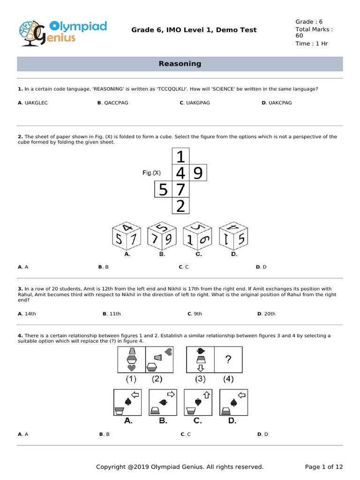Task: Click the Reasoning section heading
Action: [x=180, y=64]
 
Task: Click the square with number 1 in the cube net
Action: [x=180, y=156]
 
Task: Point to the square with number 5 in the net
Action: [x=163, y=190]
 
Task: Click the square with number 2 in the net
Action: [x=180, y=206]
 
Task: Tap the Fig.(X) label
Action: [x=151, y=173]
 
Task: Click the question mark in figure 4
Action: [x=228, y=360]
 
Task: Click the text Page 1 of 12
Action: [x=324, y=466]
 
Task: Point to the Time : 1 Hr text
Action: [x=311, y=44]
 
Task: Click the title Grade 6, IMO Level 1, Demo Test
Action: [x=194, y=30]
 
